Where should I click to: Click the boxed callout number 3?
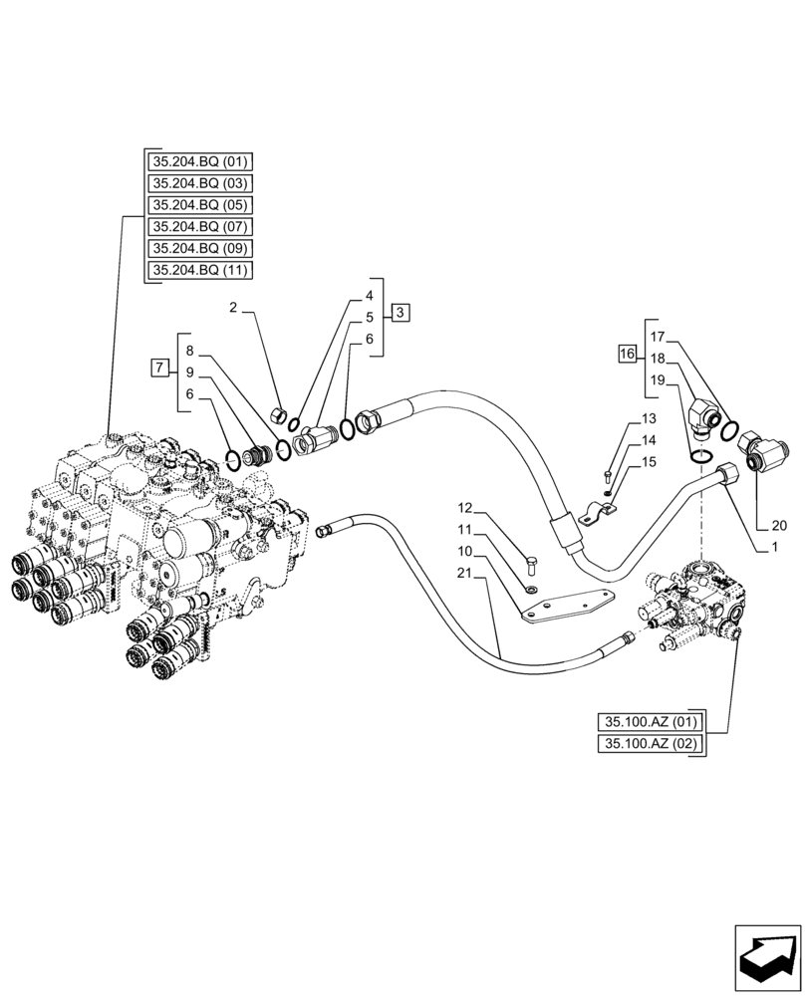coord(399,313)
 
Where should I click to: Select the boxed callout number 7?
coord(158,369)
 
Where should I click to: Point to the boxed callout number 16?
coord(626,354)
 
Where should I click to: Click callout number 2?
coord(233,308)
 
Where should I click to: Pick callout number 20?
coord(778,526)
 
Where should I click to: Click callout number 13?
coord(649,417)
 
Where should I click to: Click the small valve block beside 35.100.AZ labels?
coord(696,607)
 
